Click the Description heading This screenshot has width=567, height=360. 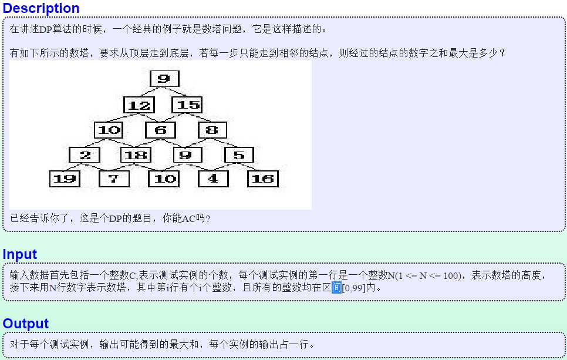(41, 8)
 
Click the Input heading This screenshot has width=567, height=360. (20, 254)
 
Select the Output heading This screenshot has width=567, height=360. (26, 324)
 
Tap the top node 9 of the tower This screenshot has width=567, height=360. (164, 79)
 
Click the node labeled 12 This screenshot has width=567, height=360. (139, 105)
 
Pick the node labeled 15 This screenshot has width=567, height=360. (187, 105)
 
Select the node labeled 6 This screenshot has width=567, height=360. (161, 130)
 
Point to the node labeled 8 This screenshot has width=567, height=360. (212, 130)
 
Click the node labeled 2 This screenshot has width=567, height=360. (85, 155)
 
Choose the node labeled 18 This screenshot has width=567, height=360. (136, 155)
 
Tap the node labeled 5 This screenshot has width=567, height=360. (239, 155)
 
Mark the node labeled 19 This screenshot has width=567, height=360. (65, 179)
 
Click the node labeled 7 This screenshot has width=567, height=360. (114, 179)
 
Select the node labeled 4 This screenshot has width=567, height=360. (213, 179)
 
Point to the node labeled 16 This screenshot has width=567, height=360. (263, 179)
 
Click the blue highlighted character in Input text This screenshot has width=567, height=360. (336, 288)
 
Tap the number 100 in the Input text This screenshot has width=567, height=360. (451, 275)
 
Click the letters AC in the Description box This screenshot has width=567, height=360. (188, 218)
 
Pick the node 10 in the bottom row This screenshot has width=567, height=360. (164, 179)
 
